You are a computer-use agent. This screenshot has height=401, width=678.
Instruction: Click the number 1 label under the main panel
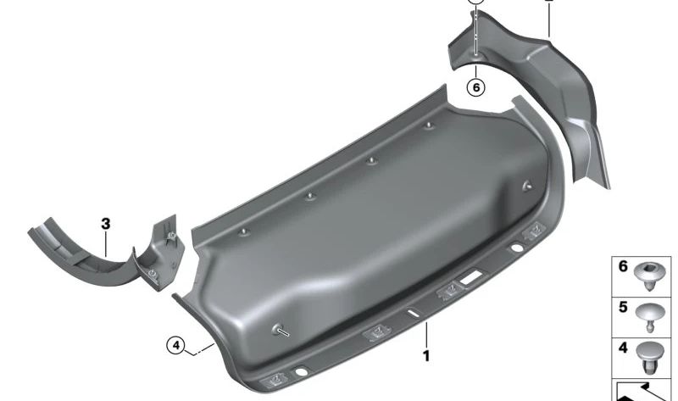tap(426, 357)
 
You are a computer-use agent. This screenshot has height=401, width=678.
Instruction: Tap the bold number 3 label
tap(105, 224)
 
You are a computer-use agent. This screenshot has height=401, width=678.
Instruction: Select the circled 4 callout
tap(175, 345)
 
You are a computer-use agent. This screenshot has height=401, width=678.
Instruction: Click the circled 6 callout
tap(476, 86)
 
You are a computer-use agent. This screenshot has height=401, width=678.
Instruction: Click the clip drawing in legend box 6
tap(655, 275)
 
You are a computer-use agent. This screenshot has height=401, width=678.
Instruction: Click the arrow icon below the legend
tap(644, 390)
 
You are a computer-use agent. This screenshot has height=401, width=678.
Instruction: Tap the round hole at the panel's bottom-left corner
tap(302, 372)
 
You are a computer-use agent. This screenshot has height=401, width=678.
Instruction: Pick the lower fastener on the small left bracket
tap(151, 272)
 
